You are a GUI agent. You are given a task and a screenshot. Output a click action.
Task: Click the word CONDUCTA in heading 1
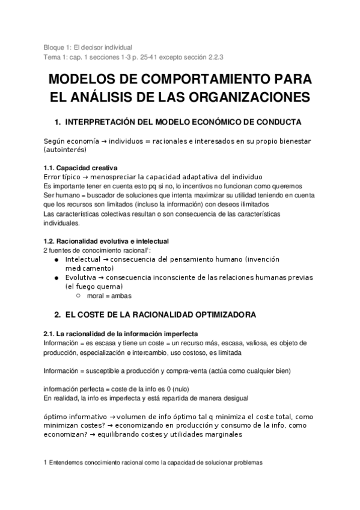[x=280, y=121]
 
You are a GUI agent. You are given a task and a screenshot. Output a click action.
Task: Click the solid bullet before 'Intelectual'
[x=56, y=259]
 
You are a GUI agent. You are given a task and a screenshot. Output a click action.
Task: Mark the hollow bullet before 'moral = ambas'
[x=79, y=295]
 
